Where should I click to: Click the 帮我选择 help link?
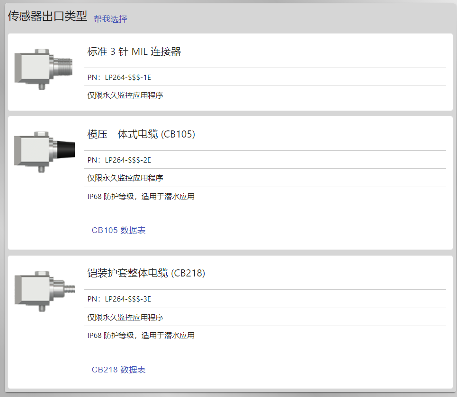point(110,19)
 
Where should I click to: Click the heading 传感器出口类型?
point(47,16)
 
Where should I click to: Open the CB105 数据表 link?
point(118,230)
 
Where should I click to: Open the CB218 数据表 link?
point(118,370)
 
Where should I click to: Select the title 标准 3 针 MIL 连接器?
point(134,52)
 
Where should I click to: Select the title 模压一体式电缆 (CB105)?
point(141,134)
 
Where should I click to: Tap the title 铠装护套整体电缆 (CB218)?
point(146,273)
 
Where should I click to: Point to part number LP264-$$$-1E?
point(128,78)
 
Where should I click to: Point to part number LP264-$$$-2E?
point(128,160)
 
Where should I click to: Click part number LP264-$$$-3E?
point(128,299)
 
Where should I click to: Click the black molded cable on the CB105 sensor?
point(66,149)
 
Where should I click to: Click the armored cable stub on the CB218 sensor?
point(69,289)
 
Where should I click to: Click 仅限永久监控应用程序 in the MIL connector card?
point(125,95)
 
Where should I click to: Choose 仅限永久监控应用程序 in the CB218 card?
point(125,317)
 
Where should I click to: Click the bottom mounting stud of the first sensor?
point(42,86)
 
